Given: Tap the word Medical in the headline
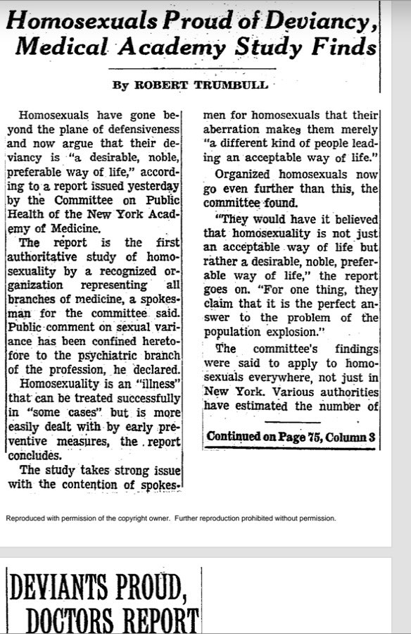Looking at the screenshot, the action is [58, 49].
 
